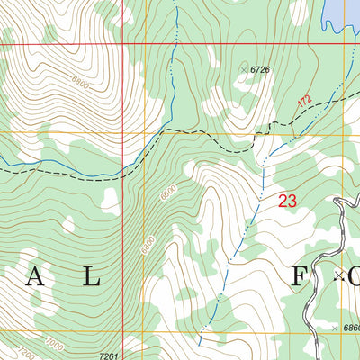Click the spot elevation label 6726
coord(260,69)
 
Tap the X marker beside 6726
coord(244,69)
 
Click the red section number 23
coord(287,202)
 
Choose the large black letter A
coord(34,277)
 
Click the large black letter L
coord(90,277)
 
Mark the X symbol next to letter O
coord(339,275)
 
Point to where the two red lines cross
coord(122,44)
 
